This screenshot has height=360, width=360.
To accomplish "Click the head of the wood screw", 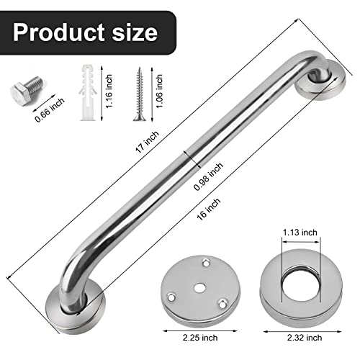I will [138, 71].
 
